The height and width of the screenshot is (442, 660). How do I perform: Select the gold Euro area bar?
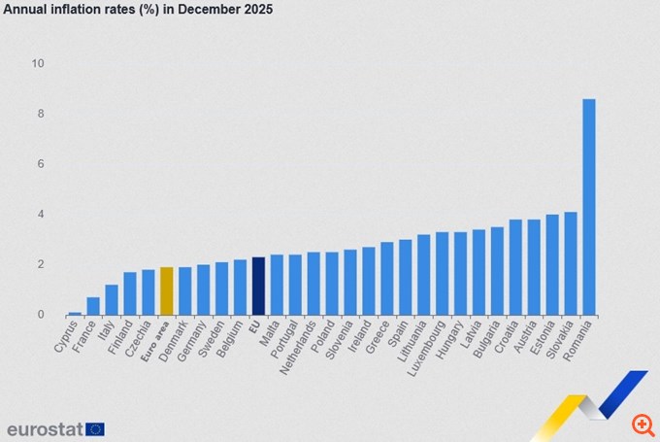click(x=167, y=290)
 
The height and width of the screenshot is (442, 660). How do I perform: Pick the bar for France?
click(x=93, y=306)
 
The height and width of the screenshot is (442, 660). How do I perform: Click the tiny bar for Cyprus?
click(x=75, y=313)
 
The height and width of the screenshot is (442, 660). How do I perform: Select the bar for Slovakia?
click(x=571, y=263)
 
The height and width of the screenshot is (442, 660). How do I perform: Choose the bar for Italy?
click(x=112, y=299)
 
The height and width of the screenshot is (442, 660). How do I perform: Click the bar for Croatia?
click(x=515, y=267)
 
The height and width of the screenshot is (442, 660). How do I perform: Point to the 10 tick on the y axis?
click(x=38, y=64)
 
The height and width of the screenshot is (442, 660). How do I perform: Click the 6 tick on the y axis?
click(x=41, y=164)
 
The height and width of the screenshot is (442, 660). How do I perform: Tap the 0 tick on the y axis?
click(x=41, y=315)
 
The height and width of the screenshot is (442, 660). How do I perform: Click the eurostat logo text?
click(x=44, y=428)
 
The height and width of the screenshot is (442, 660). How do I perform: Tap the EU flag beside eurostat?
click(x=94, y=428)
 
